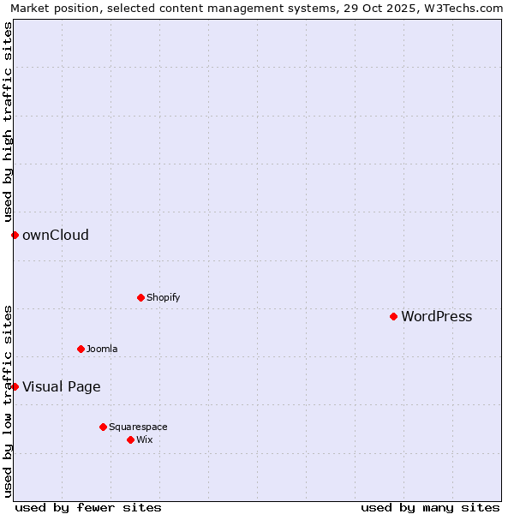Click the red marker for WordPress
click(393, 316)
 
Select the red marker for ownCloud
click(15, 235)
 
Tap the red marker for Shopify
click(140, 297)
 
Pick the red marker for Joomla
click(81, 349)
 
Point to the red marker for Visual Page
click(15, 386)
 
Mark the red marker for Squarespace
click(103, 427)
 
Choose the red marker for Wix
click(130, 439)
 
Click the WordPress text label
click(436, 317)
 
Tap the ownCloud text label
click(55, 236)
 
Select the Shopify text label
click(163, 297)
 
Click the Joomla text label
click(102, 349)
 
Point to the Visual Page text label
click(61, 387)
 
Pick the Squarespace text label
click(138, 427)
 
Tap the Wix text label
click(144, 439)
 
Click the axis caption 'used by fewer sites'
click(88, 507)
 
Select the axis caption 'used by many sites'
click(430, 507)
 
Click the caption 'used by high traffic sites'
click(8, 122)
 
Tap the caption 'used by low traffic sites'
click(8, 401)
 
